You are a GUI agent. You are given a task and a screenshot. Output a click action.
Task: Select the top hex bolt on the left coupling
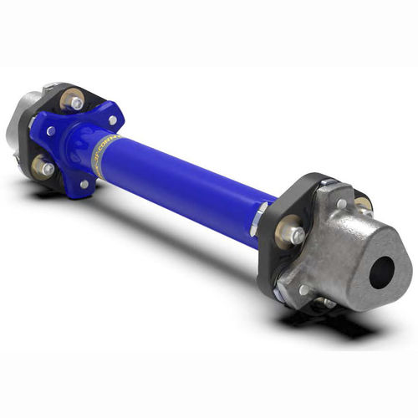[76, 102]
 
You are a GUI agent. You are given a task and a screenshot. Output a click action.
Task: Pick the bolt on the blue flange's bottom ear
[84, 184]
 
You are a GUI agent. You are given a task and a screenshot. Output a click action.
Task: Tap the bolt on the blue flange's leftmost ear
[52, 131]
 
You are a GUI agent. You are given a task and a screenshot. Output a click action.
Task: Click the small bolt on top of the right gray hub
[341, 203]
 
